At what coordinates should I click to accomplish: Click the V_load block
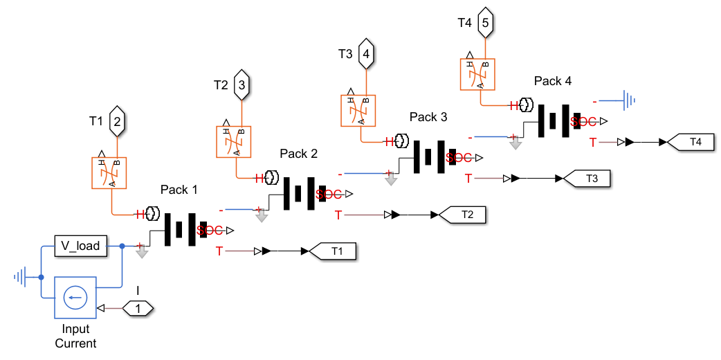81,245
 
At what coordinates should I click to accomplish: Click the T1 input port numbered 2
117,121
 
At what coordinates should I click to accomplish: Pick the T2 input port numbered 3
241,85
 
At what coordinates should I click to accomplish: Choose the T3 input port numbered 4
366,53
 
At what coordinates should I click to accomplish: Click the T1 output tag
334,251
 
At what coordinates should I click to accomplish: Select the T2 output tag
464,215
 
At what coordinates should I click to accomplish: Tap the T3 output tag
588,178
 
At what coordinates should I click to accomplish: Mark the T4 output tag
692,142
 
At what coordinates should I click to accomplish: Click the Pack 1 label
179,189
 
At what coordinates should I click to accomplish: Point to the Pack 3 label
428,117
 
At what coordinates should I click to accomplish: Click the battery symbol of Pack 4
554,120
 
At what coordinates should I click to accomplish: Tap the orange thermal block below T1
110,172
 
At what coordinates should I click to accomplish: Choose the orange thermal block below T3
358,110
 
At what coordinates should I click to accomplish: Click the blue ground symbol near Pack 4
628,102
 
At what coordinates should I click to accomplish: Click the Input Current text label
75,336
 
